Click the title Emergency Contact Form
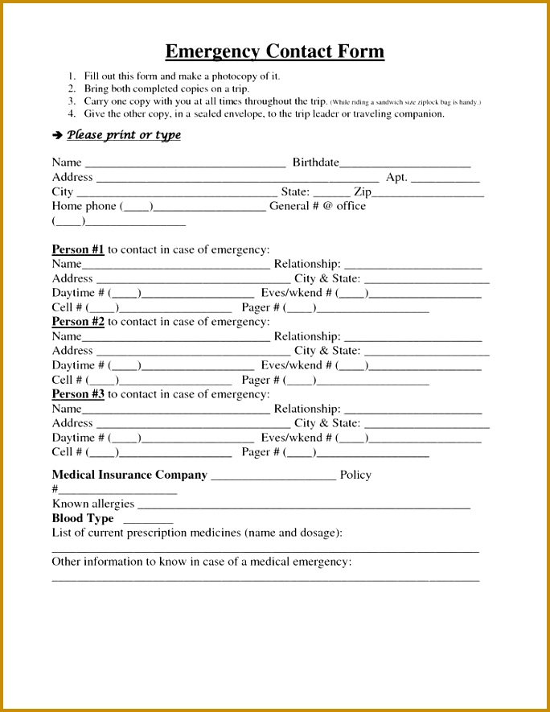pyautogui.click(x=275, y=52)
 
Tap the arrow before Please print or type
pyautogui.click(x=57, y=136)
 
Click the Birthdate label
pyautogui.click(x=315, y=163)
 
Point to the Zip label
pyautogui.click(x=363, y=191)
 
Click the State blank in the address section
pyautogui.click(x=331, y=194)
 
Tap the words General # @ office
pyautogui.click(x=317, y=206)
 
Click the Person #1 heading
pyautogui.click(x=78, y=249)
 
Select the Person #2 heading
pyautogui.click(x=78, y=322)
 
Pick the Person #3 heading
pyautogui.click(x=78, y=394)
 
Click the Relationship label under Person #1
pyautogui.click(x=307, y=264)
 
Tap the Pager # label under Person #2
pyautogui.click(x=261, y=380)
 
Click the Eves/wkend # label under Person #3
pyautogui.click(x=297, y=438)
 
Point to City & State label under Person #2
pyautogui.click(x=327, y=351)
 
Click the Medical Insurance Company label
pyautogui.click(x=129, y=475)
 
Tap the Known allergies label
pyautogui.click(x=93, y=504)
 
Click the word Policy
pyautogui.click(x=355, y=475)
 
